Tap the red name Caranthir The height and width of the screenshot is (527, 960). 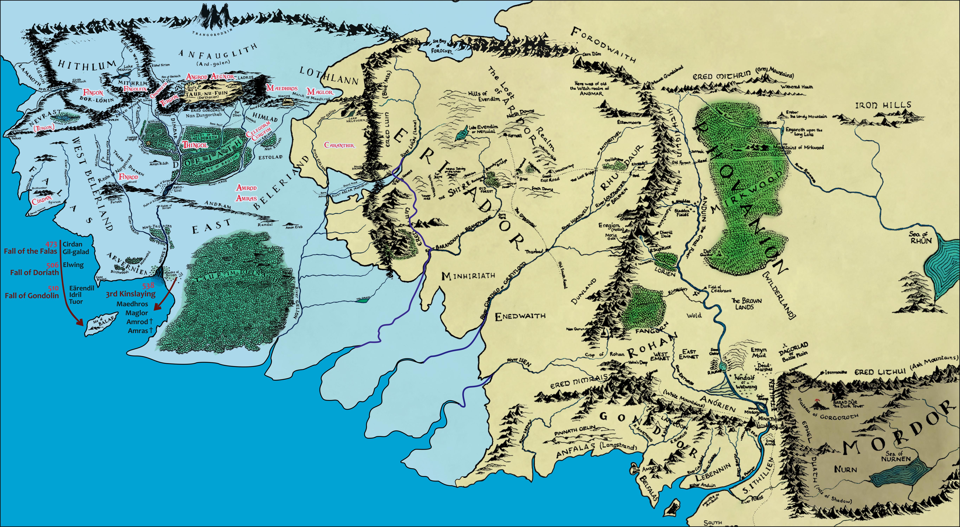[339, 145]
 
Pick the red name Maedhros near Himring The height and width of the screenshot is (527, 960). [282, 88]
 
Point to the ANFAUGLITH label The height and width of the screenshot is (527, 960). [218, 54]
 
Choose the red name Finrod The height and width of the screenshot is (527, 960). [129, 176]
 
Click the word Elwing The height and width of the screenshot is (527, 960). [73, 265]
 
